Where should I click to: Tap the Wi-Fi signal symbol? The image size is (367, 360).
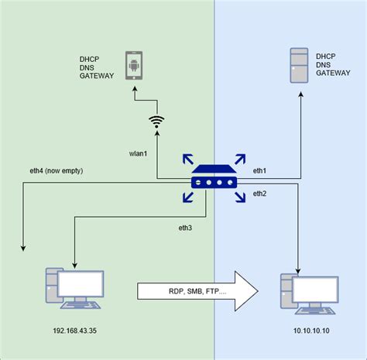(157, 122)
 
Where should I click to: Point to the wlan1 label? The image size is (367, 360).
(139, 154)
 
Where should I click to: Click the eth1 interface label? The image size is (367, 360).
(259, 170)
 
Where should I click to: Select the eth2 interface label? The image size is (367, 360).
(259, 193)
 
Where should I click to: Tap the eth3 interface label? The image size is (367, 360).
(186, 229)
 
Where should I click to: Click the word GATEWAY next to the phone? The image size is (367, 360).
(97, 77)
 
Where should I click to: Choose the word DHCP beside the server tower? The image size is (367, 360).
(326, 57)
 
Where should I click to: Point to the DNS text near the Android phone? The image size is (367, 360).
(87, 67)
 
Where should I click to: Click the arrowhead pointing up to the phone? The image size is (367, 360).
(134, 91)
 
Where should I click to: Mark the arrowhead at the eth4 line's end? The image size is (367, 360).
(23, 248)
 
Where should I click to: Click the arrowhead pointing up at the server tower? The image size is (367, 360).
(300, 91)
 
